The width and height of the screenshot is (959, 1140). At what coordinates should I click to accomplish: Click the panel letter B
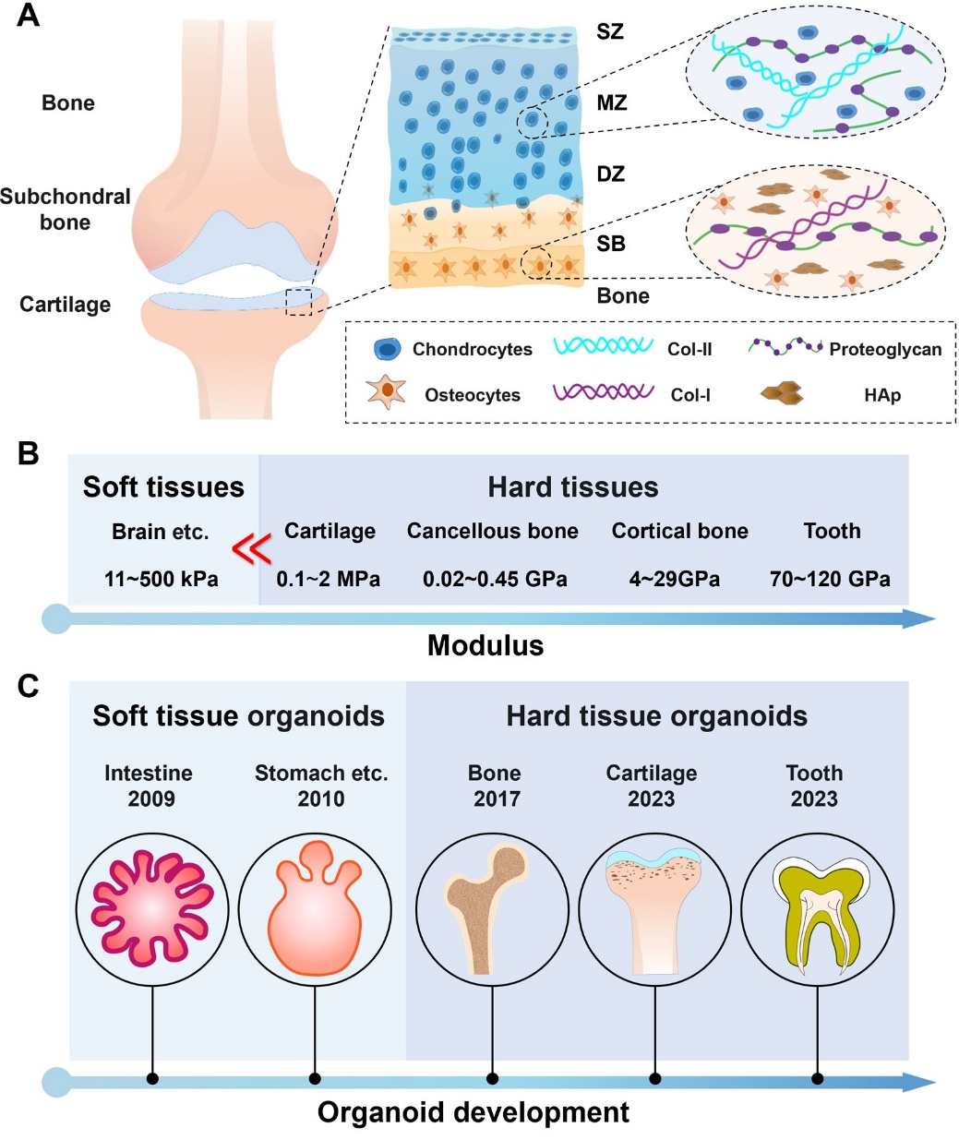click(29, 454)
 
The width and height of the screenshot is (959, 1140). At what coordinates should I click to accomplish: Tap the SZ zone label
click(610, 32)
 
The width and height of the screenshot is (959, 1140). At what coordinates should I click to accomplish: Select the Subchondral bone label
click(65, 210)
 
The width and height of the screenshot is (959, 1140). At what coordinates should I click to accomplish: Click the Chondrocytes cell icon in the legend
click(388, 349)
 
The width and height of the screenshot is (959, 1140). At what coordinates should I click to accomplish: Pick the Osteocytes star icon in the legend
click(387, 392)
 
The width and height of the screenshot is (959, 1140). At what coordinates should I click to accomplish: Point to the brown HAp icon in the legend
click(782, 394)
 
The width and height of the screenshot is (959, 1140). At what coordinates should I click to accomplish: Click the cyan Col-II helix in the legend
click(604, 346)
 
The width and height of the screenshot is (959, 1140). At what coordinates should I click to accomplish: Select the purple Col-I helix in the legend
click(604, 392)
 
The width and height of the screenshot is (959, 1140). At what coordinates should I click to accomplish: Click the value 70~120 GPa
click(830, 580)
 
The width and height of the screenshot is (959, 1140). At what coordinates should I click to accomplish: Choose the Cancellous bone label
click(493, 532)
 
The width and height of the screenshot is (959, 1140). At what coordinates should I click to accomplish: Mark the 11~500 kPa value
click(162, 580)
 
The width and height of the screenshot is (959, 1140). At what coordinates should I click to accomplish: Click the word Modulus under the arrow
click(485, 645)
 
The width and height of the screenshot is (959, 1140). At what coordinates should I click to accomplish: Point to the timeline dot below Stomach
click(315, 1078)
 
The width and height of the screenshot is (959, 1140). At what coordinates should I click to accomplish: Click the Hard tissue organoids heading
click(656, 716)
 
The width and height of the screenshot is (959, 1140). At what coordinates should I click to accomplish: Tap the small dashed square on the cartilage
click(299, 302)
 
